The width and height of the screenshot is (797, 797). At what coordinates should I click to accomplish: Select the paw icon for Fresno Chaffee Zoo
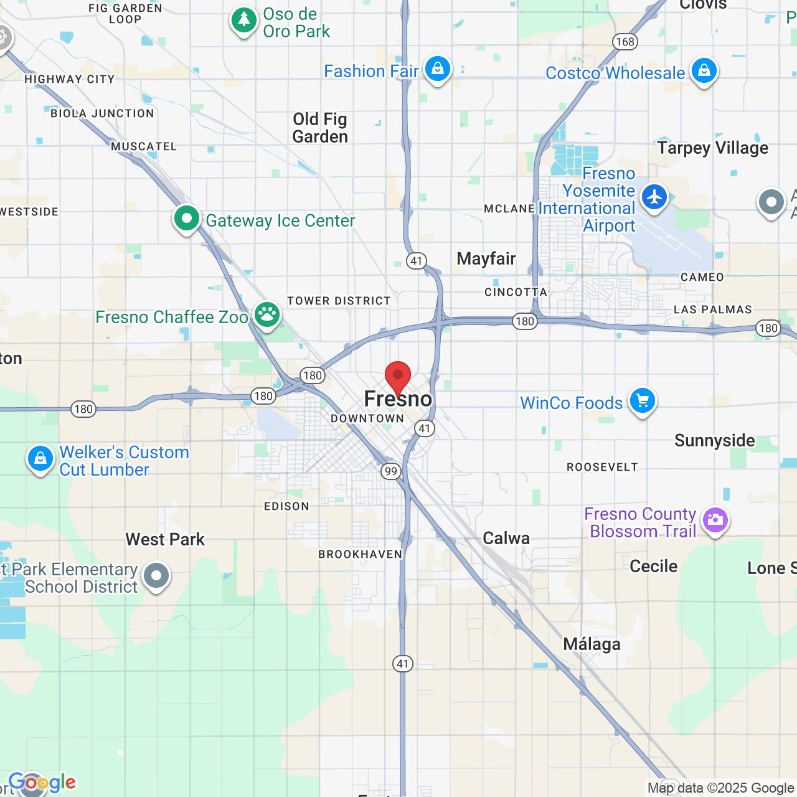coord(267,315)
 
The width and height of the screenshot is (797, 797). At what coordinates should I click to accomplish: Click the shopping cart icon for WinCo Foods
coord(643,401)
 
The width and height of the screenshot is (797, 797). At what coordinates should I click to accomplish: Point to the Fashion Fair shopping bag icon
coord(438,69)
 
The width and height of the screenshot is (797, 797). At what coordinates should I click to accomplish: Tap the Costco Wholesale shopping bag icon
coord(704,71)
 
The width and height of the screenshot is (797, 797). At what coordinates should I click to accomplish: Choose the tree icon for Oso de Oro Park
coord(243,21)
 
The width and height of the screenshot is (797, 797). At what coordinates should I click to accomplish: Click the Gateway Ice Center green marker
coord(186,219)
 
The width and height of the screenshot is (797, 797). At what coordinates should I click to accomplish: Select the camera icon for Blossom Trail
coord(715,520)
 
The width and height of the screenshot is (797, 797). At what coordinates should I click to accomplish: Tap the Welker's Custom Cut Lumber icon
coord(40,460)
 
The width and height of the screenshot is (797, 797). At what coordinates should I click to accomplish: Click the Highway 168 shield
coord(625,42)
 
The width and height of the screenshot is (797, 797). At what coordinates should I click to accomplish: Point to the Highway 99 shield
coord(390,471)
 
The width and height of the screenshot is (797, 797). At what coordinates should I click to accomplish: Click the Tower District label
coord(339,301)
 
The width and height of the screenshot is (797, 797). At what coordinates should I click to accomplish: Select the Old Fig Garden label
coord(320,128)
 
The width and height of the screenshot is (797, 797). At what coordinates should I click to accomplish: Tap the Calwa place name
coord(506,538)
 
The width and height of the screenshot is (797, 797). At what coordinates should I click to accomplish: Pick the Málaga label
coord(592,644)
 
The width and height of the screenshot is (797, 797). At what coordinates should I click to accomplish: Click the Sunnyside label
coord(714,440)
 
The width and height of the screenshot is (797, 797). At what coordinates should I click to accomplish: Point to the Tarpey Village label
coord(713,148)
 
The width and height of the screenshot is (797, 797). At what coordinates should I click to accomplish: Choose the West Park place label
coord(165,539)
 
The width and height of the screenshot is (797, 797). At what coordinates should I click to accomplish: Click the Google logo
coord(42,782)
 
